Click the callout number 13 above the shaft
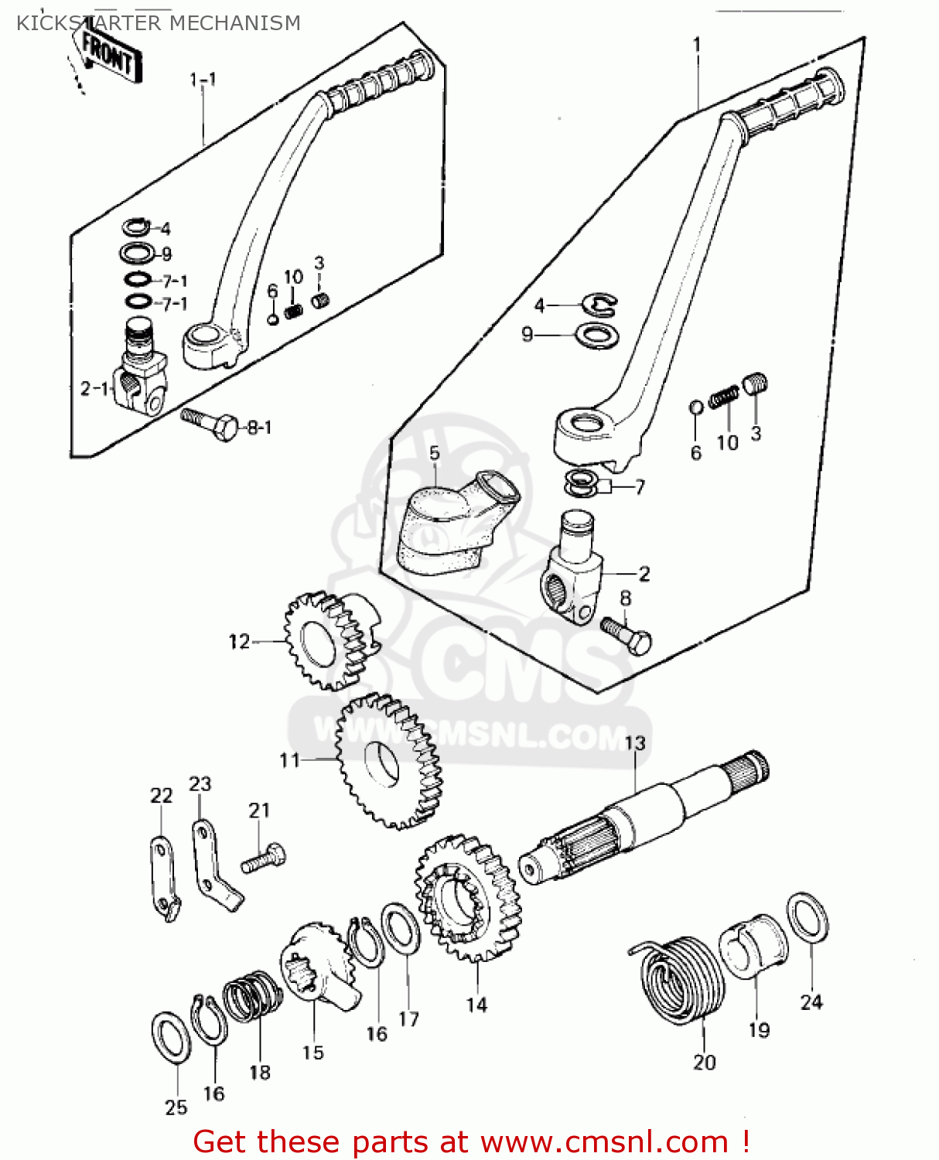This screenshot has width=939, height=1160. click(634, 743)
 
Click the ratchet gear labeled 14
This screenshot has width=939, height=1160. click(467, 897)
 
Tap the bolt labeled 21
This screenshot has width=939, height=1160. click(264, 859)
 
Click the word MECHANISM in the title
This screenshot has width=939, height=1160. click(234, 23)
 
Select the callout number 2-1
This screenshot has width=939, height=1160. click(94, 388)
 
